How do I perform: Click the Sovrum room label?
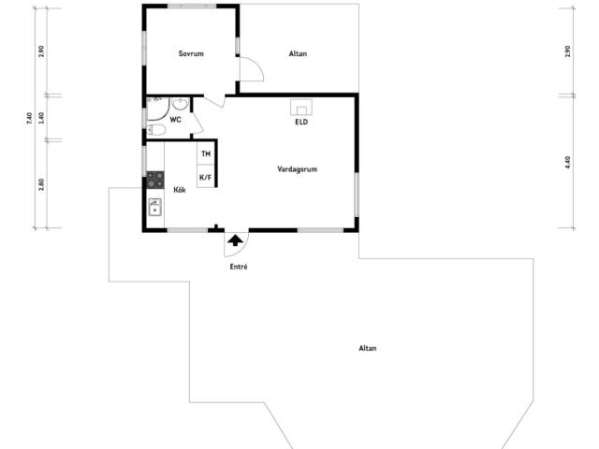coord(191,53)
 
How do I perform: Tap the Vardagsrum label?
coord(298,169)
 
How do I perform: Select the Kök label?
coord(180,190)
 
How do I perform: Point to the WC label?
coord(175,120)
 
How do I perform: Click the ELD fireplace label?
coord(301,123)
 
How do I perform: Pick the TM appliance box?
coord(206,153)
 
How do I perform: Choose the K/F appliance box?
coord(206,177)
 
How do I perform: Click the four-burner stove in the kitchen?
coord(155,180)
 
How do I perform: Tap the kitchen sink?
coord(154,208)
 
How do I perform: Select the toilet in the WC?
coord(156,130)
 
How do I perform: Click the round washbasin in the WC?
coord(180,104)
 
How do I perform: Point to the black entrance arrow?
coord(235,240)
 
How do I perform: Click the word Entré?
coord(239,267)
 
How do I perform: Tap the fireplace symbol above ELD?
coord(301,108)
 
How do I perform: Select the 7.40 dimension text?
coord(30,119)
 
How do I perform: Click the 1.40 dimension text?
coord(41,118)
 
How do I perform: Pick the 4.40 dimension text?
coord(567,163)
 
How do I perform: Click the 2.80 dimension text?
coord(41,185)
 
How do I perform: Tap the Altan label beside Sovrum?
coord(298,54)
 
